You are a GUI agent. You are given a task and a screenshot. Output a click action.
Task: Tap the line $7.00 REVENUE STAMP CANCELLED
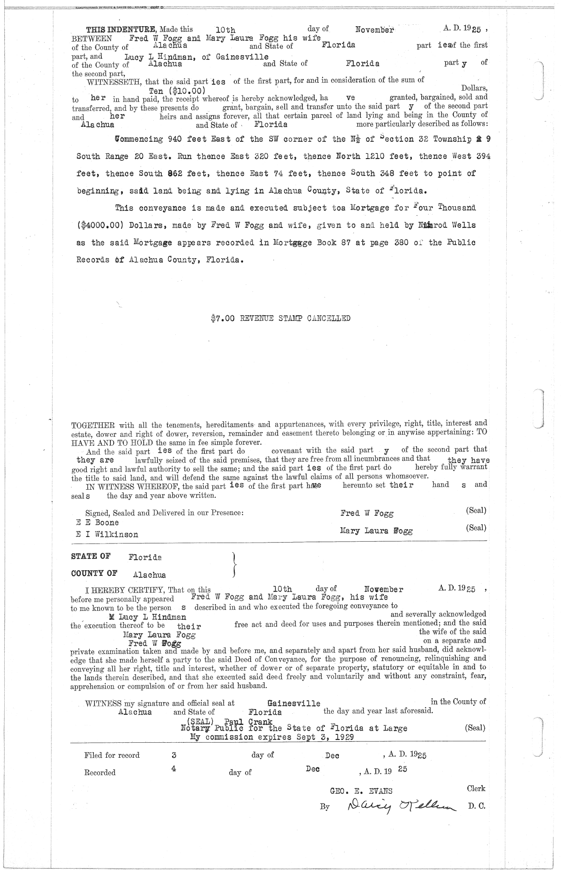[280, 319]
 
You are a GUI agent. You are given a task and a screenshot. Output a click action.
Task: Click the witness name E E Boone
[97, 522]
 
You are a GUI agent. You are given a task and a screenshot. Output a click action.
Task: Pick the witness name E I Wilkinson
[107, 534]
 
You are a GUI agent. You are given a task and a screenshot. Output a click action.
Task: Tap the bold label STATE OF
[91, 556]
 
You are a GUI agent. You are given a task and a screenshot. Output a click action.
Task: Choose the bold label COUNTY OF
[94, 573]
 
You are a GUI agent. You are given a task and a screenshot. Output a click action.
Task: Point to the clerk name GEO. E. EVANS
[361, 791]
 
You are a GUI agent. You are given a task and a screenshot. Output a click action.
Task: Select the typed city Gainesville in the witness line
[294, 703]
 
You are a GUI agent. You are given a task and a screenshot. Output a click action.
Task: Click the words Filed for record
[112, 755]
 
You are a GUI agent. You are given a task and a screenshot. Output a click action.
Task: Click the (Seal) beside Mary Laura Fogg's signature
[476, 528]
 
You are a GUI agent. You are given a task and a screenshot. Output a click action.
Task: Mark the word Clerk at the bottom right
[476, 788]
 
